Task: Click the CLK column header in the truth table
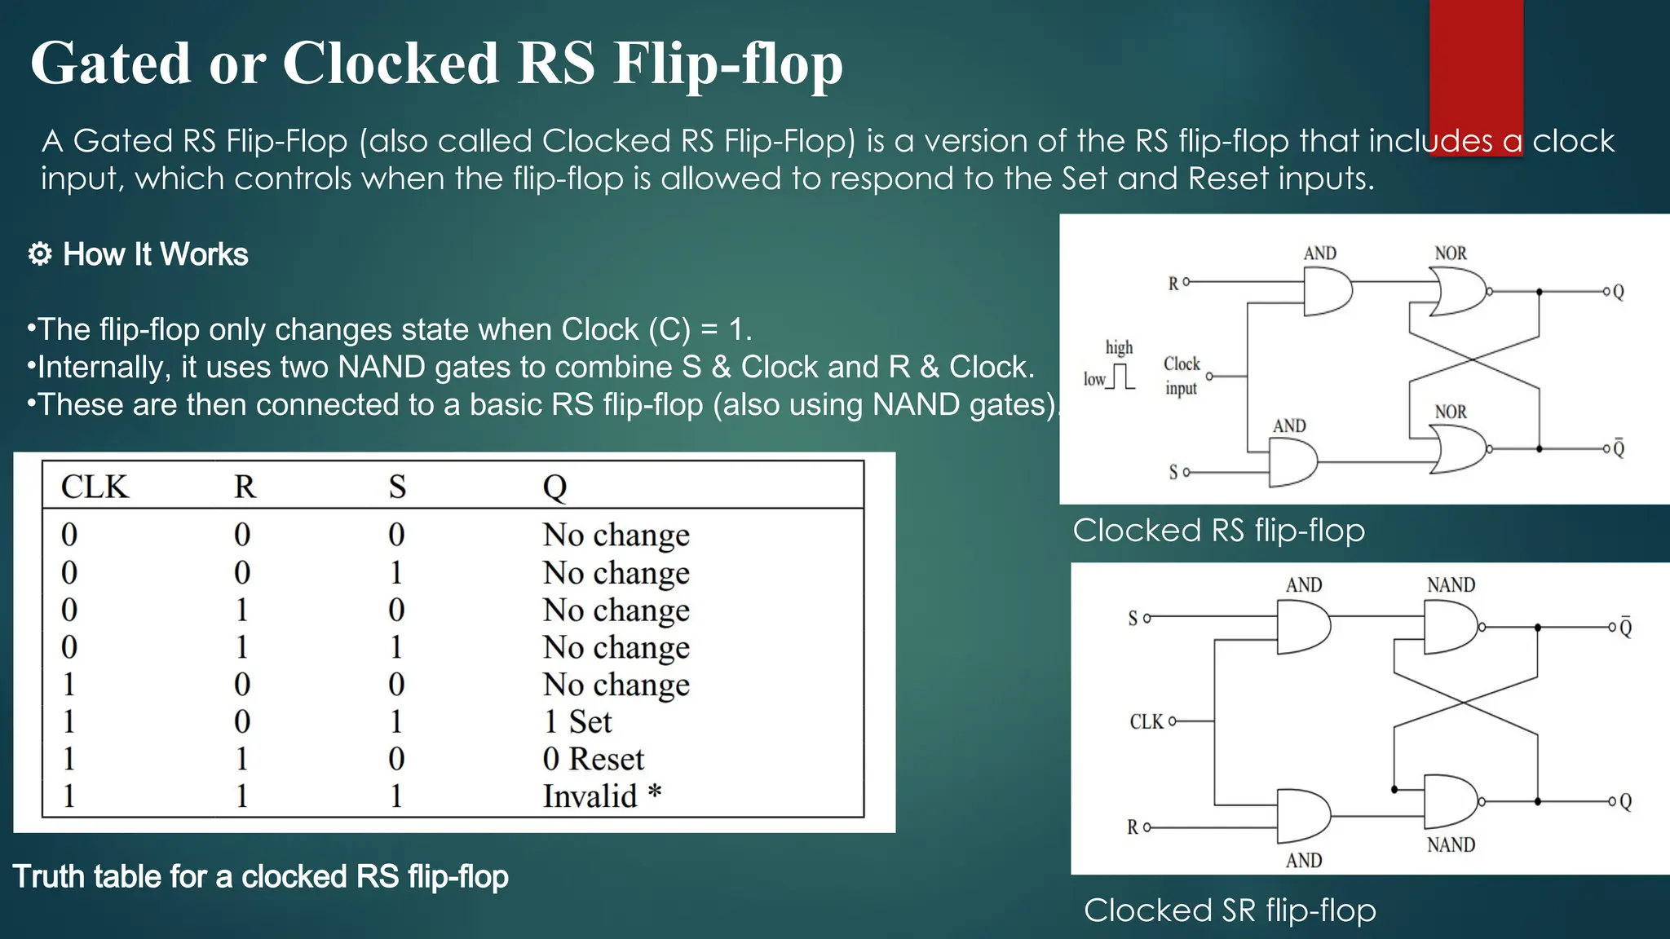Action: click(95, 487)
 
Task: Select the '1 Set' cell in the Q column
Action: click(577, 722)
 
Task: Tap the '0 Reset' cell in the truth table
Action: click(593, 760)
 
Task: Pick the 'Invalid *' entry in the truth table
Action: click(601, 796)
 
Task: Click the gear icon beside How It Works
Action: click(40, 254)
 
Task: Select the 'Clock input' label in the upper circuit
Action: click(1182, 376)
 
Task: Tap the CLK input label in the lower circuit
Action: click(1146, 721)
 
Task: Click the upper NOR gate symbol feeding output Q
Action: click(1460, 292)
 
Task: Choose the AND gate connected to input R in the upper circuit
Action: click(1326, 292)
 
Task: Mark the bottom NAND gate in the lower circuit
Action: click(1450, 802)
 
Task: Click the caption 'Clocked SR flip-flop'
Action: click(1230, 910)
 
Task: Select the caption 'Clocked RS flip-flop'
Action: click(1218, 531)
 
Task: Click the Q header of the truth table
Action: click(554, 487)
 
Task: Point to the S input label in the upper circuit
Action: click(1173, 472)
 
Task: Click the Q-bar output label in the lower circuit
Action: click(1625, 628)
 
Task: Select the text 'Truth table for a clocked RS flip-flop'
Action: click(261, 877)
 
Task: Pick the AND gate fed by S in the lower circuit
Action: click(1302, 628)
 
